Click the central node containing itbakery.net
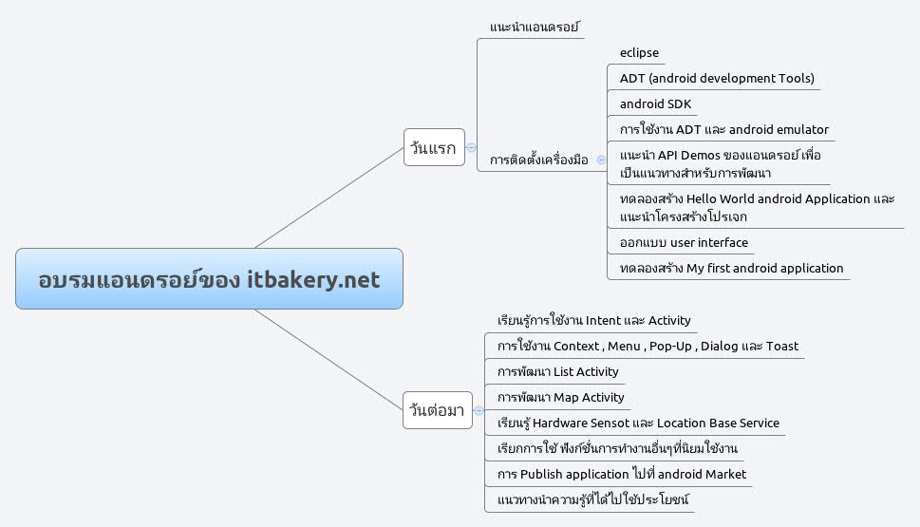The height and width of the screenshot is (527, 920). point(209,279)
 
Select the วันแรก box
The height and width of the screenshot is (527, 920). point(433,147)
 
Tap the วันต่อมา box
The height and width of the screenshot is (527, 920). point(436,410)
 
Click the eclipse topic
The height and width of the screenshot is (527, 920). point(639,53)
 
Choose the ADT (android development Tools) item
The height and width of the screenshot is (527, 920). point(717,79)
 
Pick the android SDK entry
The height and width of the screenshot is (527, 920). point(655,104)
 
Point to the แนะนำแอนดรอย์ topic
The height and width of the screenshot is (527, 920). point(535,28)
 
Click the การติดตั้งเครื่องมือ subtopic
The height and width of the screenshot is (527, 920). point(538,160)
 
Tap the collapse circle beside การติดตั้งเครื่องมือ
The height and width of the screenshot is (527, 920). point(600,160)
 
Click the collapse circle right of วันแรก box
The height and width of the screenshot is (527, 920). point(471,147)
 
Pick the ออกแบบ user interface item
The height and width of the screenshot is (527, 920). point(684,243)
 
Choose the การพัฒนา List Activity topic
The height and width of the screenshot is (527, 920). point(558,372)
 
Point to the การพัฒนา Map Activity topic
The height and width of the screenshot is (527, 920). point(561,398)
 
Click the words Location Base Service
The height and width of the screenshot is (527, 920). point(718,423)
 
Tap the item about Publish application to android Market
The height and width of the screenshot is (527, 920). point(622,474)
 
